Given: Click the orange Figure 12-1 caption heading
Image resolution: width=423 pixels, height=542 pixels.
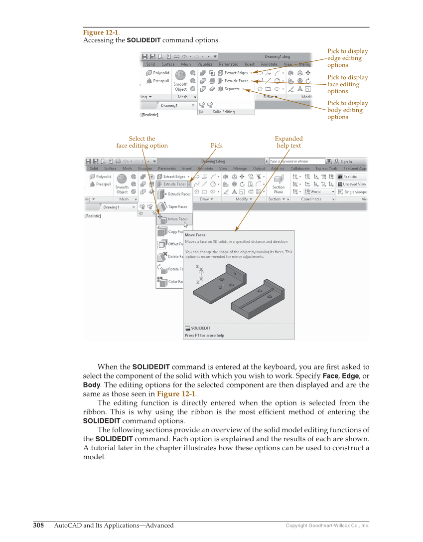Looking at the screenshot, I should pos(101,32).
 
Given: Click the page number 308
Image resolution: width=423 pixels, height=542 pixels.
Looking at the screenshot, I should pos(38,525).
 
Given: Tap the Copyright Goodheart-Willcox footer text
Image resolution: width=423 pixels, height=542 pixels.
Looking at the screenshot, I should pos(327,526).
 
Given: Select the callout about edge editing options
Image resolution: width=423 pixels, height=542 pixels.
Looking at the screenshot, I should pos(347,58).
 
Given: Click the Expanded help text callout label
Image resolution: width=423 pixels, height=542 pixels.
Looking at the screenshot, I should pos(288,142).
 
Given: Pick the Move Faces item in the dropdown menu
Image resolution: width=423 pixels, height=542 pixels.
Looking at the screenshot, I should pos(177,219).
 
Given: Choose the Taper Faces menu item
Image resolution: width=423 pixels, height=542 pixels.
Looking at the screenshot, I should pos(177,206).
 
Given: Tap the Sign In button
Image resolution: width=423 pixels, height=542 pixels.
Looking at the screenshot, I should pos(346,162).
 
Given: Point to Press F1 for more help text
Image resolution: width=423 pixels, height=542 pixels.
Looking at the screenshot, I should pos(204,336).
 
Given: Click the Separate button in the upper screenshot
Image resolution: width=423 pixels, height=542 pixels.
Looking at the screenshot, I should pos(232,89).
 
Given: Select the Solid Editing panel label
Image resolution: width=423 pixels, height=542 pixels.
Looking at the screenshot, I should pos(224,112).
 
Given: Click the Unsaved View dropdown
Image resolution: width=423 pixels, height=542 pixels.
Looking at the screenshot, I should pos(354,184).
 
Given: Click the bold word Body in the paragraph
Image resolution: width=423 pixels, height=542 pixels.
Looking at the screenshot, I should pos(91,385).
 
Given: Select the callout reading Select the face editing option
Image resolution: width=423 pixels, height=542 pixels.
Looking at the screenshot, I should pos(142,142).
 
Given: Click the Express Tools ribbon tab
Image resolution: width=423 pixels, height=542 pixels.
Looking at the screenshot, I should pos(326,169).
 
